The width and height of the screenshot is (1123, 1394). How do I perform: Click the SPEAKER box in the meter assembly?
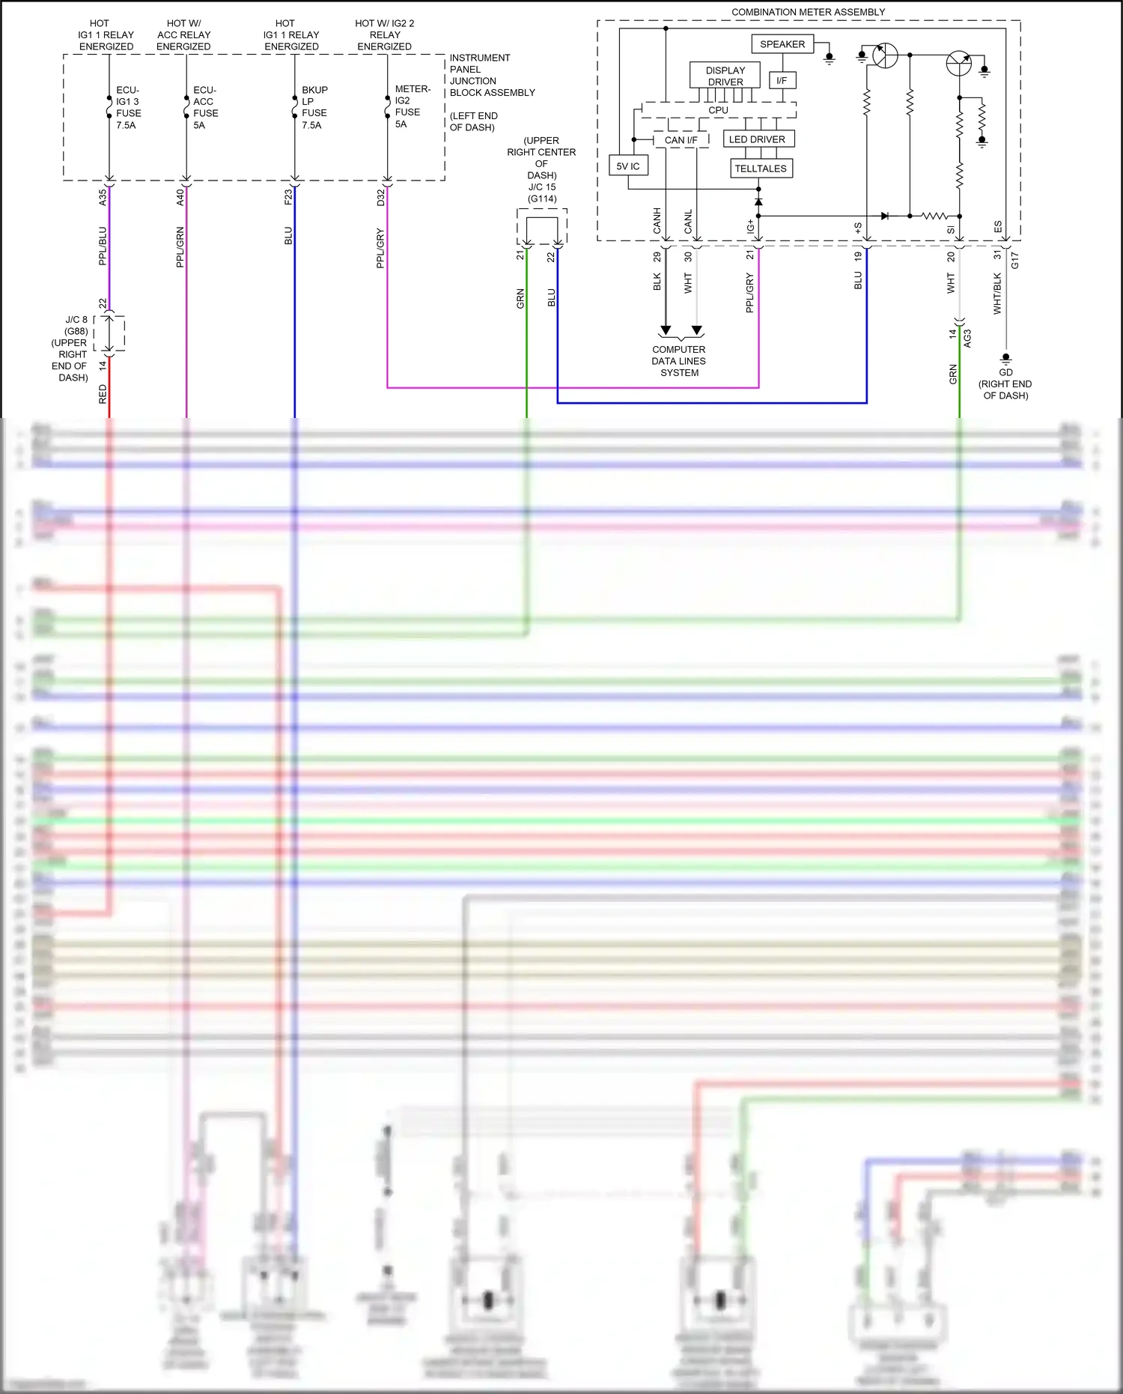[782, 44]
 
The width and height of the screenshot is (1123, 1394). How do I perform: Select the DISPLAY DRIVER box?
[725, 76]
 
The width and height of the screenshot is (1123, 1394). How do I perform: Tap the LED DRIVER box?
[758, 139]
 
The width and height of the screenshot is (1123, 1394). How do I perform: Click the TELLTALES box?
[761, 169]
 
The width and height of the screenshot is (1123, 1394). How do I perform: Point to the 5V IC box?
[628, 166]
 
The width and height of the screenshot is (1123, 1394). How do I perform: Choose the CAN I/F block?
[681, 140]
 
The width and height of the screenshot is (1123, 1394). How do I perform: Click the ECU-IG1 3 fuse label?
[128, 107]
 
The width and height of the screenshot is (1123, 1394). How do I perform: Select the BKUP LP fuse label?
[314, 107]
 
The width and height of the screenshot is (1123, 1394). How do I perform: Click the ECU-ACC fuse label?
[205, 107]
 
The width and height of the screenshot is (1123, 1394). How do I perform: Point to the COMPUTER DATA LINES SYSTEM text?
[679, 361]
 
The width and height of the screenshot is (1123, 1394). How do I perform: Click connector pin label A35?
[103, 198]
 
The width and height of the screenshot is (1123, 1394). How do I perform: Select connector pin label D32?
[380, 198]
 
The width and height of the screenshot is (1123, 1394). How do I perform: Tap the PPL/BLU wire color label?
[103, 246]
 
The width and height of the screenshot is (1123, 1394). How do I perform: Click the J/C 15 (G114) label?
[542, 193]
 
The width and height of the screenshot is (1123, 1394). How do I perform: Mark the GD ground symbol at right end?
[1005, 359]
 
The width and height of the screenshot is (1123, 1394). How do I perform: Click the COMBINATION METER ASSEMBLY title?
[808, 12]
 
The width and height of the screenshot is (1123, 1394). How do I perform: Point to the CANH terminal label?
[657, 221]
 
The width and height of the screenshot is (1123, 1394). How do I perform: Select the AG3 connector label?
[967, 338]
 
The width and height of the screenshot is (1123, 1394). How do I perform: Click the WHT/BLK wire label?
[997, 293]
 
